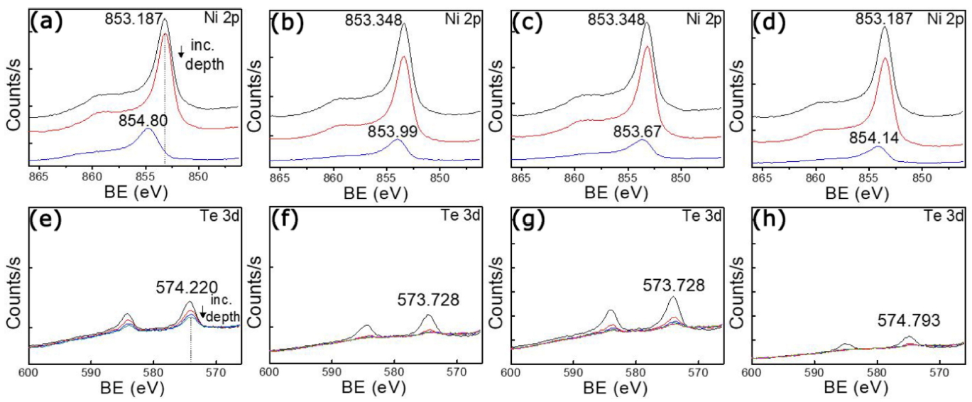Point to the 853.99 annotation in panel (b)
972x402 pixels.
tap(391, 131)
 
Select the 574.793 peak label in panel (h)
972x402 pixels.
tap(917, 321)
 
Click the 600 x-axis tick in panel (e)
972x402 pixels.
tap(28, 371)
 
